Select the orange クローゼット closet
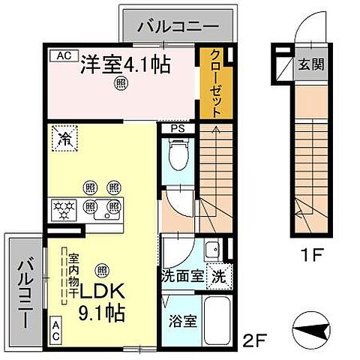(216, 82)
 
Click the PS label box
(177, 128)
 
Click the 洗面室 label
(182, 276)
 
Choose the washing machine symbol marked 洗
(217, 275)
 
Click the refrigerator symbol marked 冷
(65, 138)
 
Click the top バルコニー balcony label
(178, 28)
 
